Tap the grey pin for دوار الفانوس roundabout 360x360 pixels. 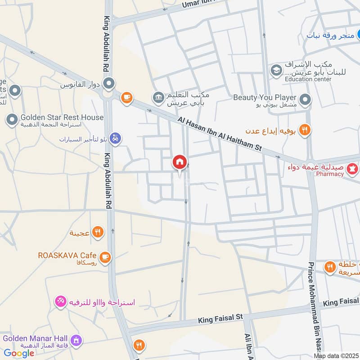108,83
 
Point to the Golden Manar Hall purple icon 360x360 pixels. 76,340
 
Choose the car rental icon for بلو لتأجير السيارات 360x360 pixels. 116,139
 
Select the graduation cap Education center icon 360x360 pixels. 275,71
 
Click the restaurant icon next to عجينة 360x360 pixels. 97,232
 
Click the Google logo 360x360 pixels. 19,353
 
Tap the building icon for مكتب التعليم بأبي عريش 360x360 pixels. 158,97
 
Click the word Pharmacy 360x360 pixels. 329,174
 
